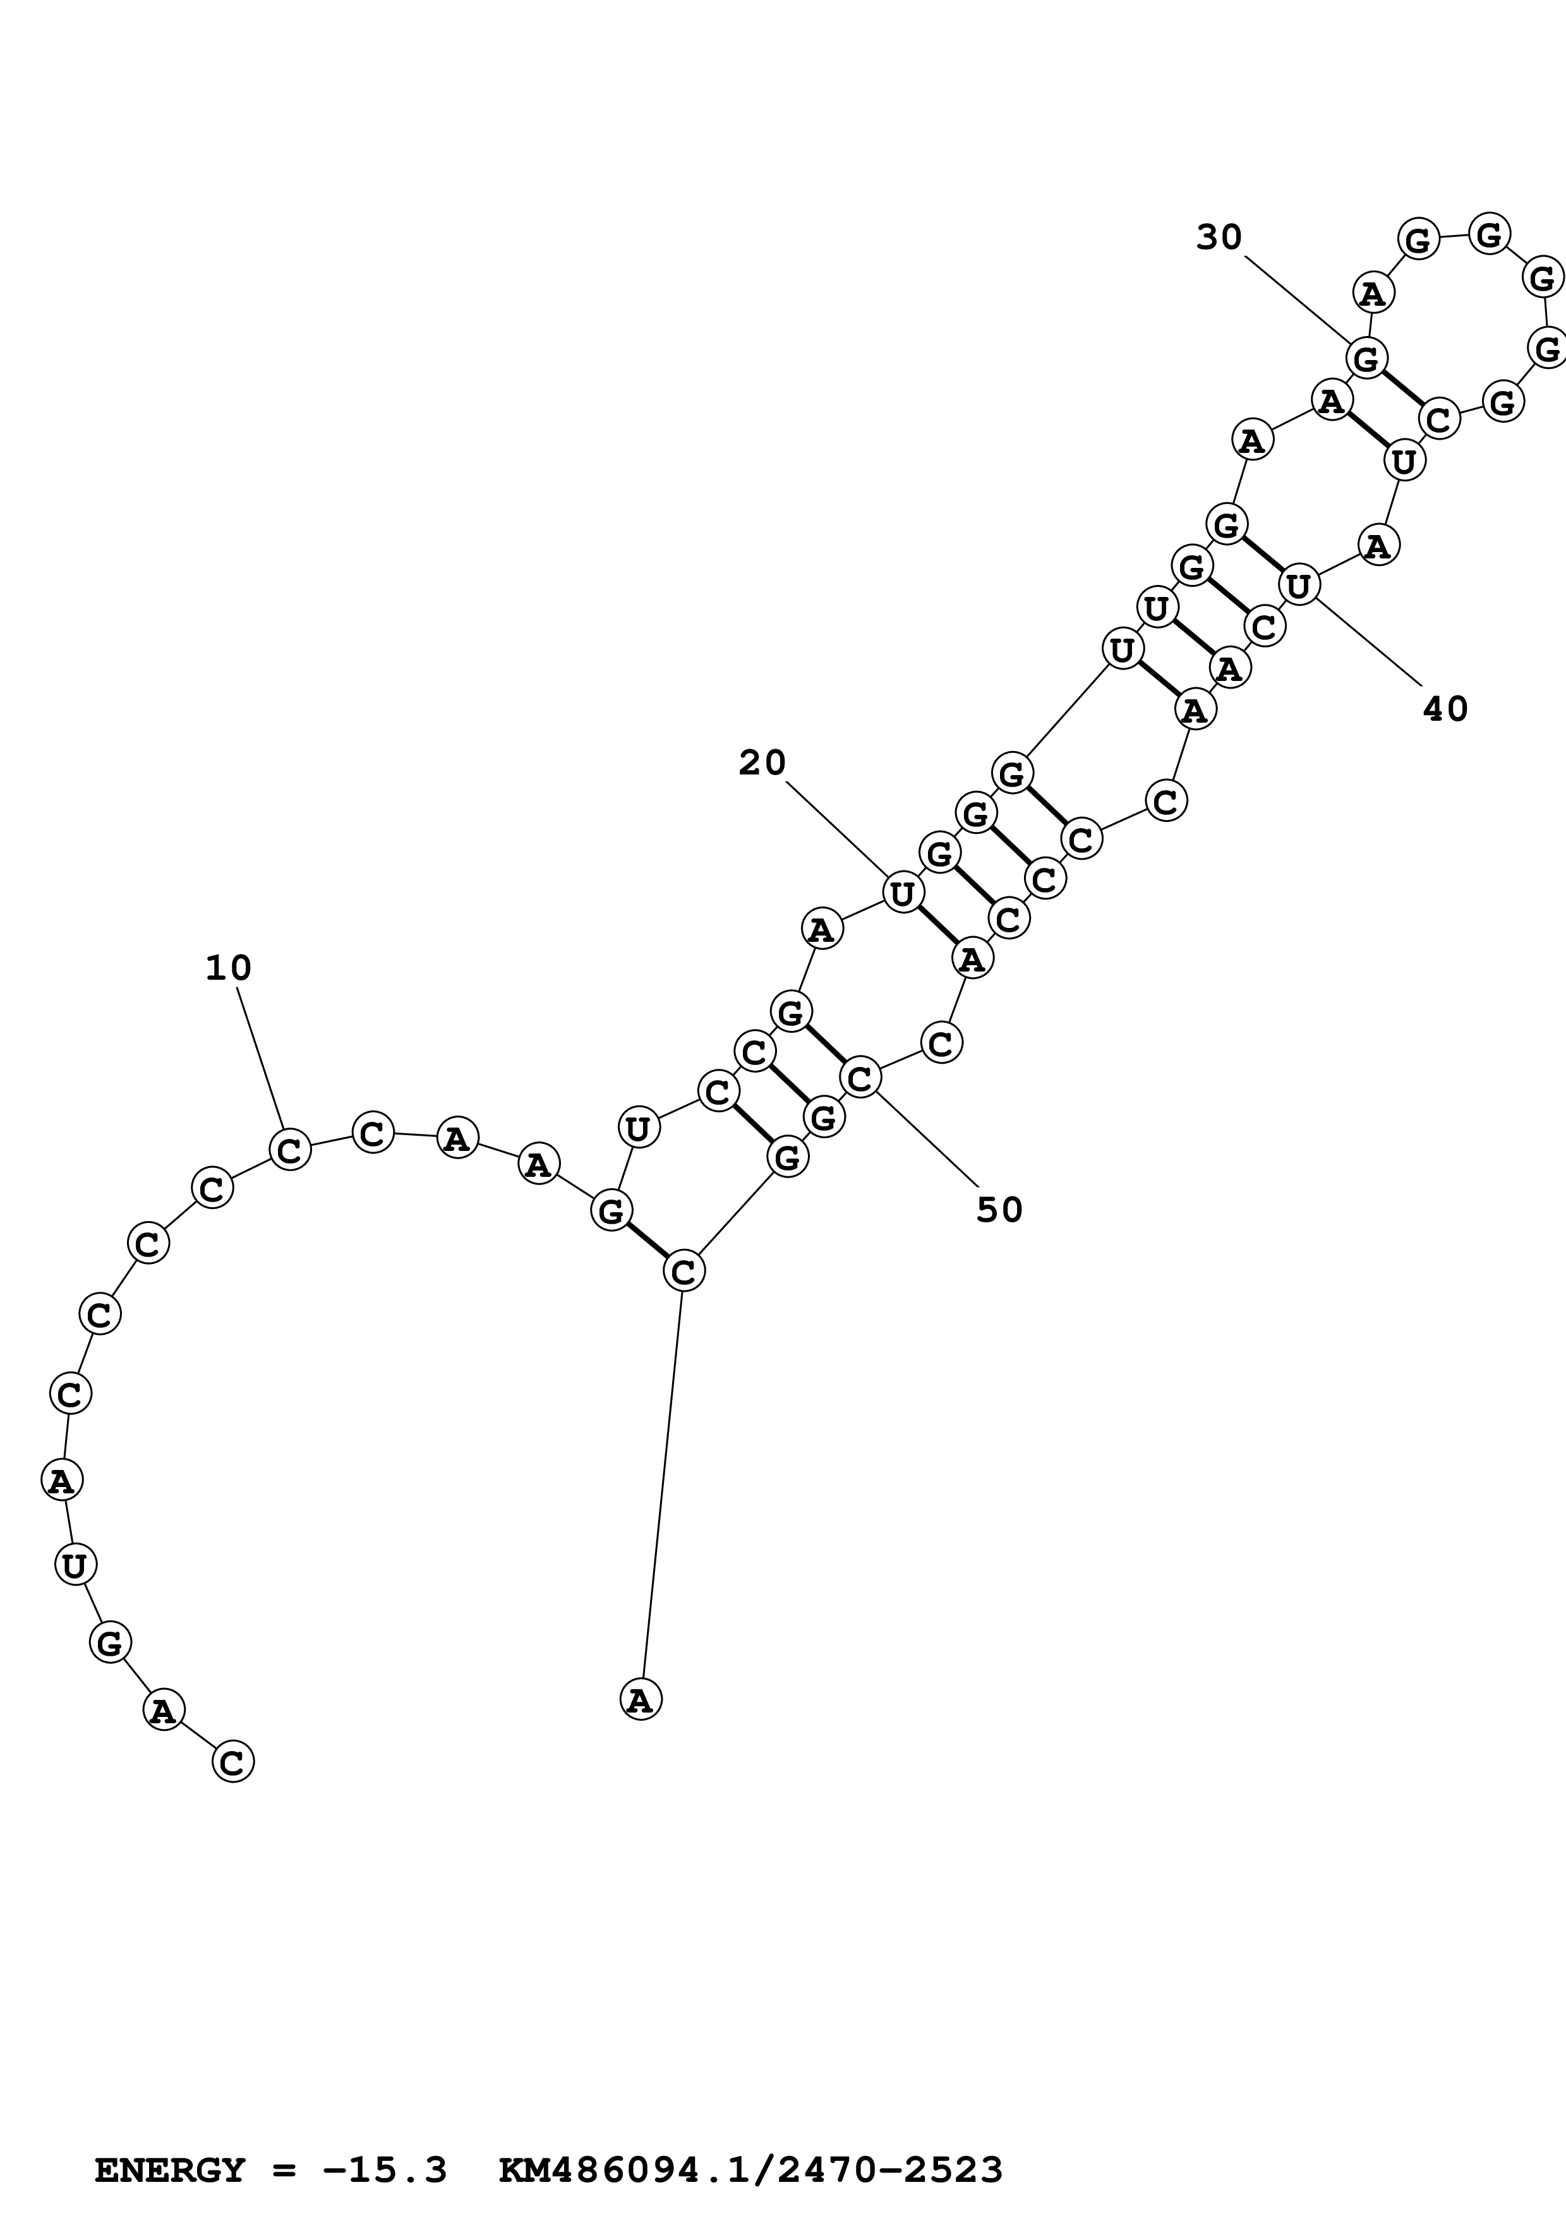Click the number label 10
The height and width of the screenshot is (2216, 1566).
coord(229,968)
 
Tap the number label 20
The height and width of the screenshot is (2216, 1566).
coord(762,764)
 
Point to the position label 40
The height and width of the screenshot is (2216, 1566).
coord(1445,709)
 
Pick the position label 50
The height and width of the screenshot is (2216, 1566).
coord(999,1210)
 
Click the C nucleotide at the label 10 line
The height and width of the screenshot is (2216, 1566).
coord(289,1150)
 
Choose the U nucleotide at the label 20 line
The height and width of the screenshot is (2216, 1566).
coord(902,893)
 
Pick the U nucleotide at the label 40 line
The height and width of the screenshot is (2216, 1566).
coord(1299,585)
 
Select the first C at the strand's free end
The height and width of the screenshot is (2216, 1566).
coord(232,1761)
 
